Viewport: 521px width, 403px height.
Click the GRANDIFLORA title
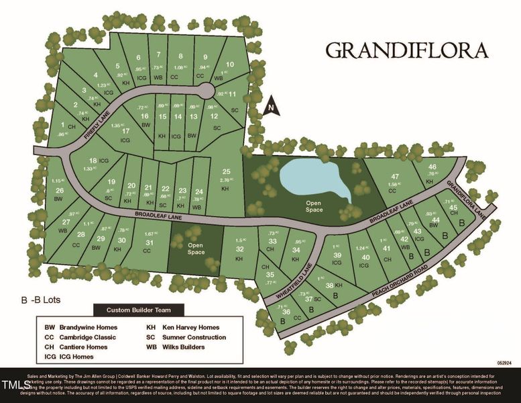coord(406,51)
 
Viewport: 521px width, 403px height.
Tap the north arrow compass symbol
coord(270,106)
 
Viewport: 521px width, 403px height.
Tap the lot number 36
coord(286,312)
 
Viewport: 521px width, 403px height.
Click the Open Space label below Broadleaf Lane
coord(196,249)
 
